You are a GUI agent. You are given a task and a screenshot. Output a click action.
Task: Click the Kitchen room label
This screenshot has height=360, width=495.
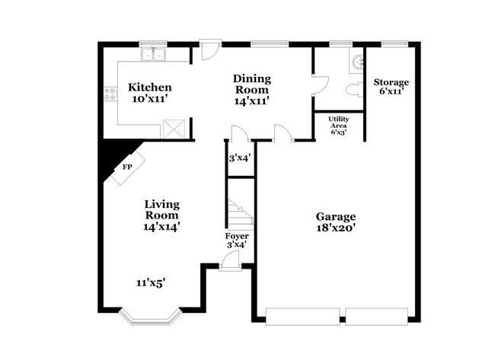pos(149,88)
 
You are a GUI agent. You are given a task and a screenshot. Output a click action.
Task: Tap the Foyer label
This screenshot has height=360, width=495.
pos(237,236)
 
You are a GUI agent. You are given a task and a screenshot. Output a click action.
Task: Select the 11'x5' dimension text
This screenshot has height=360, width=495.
pos(152,282)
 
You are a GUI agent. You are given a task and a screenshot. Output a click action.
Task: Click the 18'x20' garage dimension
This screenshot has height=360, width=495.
pos(335,227)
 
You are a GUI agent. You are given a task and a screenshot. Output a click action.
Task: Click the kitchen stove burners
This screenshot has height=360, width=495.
pos(111,95)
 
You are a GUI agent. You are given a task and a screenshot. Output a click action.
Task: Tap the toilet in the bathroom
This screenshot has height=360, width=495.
pos(353,91)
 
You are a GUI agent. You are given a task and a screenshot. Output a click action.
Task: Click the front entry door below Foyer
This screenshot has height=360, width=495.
pos(229,263)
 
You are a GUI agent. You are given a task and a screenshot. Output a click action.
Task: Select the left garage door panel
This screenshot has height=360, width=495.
pos(302,314)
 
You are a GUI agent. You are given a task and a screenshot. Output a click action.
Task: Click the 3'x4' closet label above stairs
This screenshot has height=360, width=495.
pos(240,159)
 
